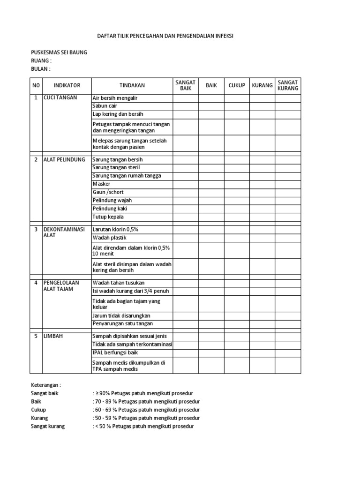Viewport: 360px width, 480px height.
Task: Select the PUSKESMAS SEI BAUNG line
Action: click(x=59, y=52)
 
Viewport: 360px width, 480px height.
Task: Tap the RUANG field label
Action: click(x=41, y=60)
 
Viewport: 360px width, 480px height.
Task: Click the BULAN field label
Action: click(x=40, y=69)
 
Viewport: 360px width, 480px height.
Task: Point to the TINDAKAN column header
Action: click(x=132, y=85)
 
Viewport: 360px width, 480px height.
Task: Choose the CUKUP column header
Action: click(x=237, y=85)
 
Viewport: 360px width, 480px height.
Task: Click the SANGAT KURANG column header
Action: click(x=287, y=85)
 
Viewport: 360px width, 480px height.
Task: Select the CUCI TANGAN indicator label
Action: click(x=60, y=98)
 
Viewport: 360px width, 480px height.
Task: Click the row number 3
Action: click(x=36, y=229)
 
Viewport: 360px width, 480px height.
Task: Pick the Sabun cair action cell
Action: click(x=105, y=106)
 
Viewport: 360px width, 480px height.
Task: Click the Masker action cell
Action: click(x=102, y=184)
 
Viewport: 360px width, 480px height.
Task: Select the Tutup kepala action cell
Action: click(x=109, y=217)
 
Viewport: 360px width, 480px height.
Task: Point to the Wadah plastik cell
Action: click(x=110, y=238)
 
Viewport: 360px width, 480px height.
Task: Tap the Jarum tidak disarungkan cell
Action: click(x=121, y=315)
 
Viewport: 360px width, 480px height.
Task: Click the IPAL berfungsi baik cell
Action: click(x=115, y=352)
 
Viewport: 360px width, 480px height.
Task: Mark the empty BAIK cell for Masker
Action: click(x=211, y=184)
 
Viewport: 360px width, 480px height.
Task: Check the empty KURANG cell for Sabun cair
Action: click(x=262, y=106)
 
